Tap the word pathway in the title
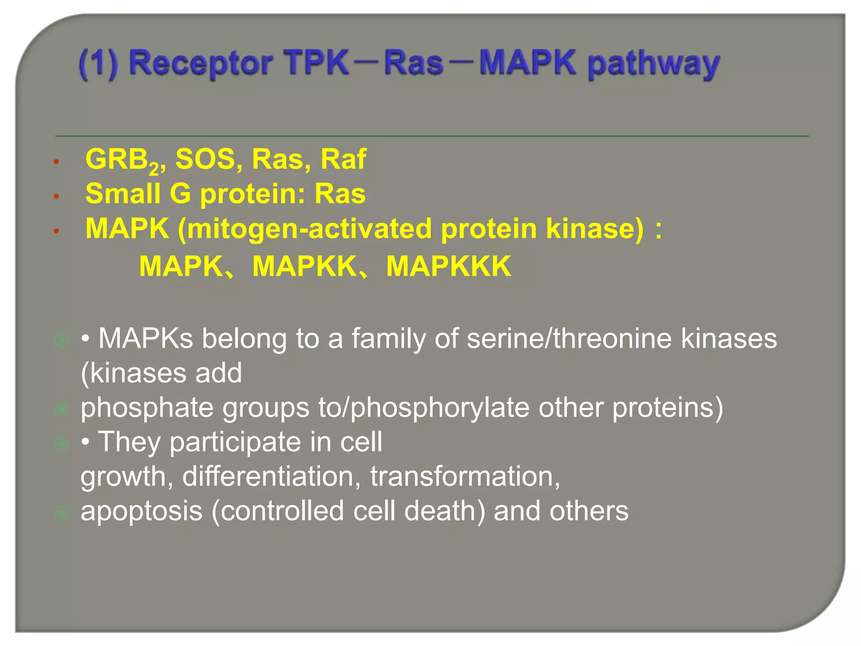(654, 64)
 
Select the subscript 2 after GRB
(154, 169)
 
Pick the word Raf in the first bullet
(343, 159)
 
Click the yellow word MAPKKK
(449, 267)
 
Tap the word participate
(235, 442)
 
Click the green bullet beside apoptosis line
(62, 513)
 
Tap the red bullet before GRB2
(56, 162)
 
